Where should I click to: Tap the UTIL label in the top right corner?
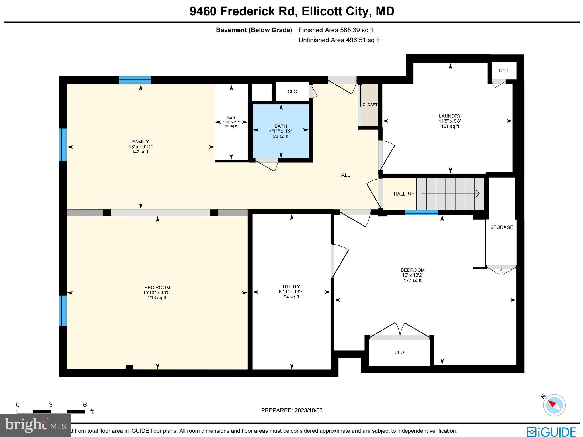click(504, 71)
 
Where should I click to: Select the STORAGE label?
click(502, 227)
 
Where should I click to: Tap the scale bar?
click(51, 412)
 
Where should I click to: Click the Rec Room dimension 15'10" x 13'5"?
click(157, 293)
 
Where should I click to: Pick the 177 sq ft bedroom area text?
click(412, 280)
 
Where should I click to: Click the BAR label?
click(231, 118)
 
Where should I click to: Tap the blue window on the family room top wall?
click(135, 80)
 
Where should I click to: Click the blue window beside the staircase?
click(421, 212)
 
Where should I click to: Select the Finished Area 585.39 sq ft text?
click(336, 30)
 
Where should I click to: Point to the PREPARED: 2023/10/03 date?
click(292, 410)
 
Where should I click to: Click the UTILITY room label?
click(291, 286)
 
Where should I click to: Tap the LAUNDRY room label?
click(450, 116)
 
